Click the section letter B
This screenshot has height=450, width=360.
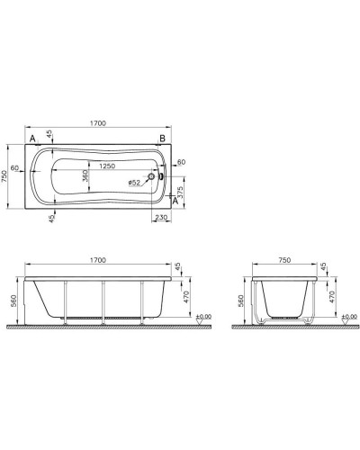(163, 138)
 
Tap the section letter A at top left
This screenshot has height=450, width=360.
(33, 138)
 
